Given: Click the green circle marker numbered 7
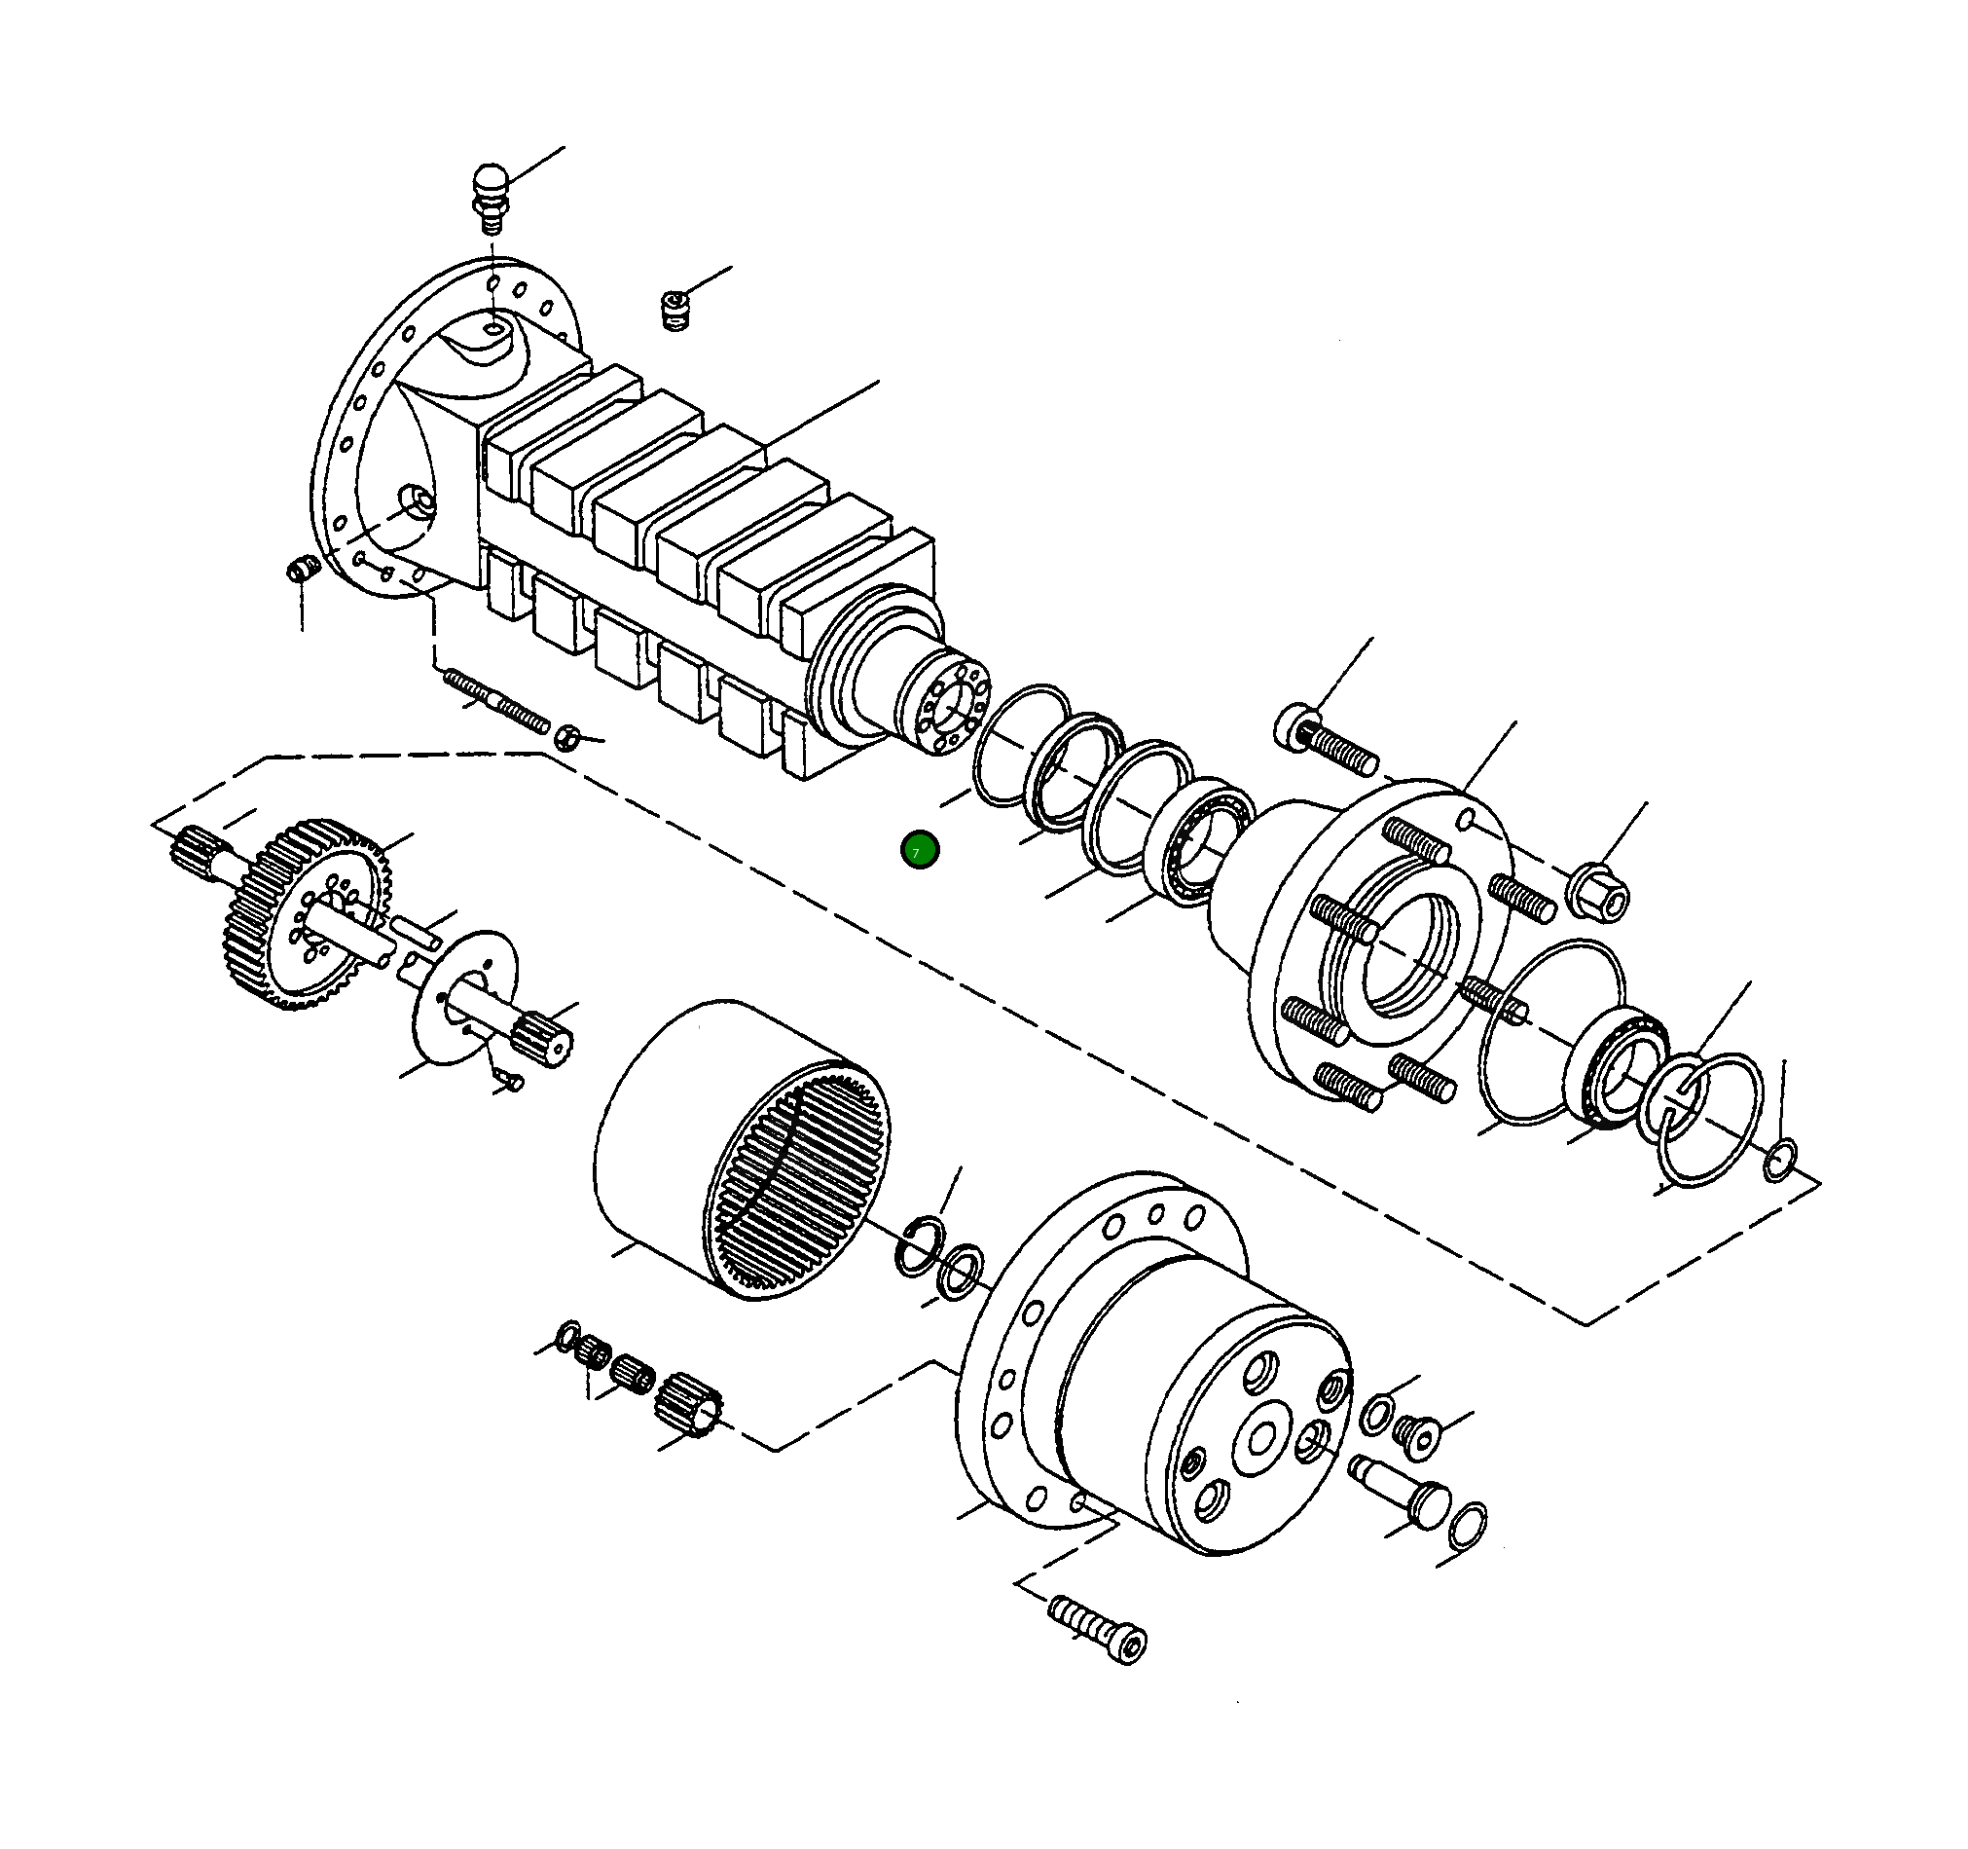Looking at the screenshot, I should [920, 850].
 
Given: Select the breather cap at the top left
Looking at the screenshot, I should [489, 195].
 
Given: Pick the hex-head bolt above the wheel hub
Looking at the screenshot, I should [1328, 742].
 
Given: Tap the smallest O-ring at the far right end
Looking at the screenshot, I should [1779, 1160].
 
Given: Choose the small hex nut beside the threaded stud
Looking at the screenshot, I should [565, 737].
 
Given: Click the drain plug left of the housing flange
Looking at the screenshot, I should [301, 572].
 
